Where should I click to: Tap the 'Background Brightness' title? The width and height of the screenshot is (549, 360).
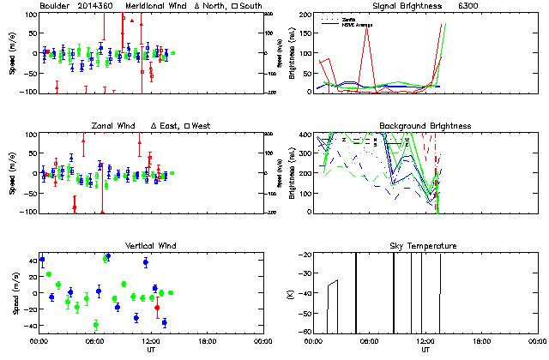tap(425, 126)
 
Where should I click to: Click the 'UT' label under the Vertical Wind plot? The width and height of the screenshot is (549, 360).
tap(150, 351)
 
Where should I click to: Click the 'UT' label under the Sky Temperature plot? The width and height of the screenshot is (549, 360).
tap(425, 351)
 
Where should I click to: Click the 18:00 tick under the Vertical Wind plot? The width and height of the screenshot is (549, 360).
tap(206, 341)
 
